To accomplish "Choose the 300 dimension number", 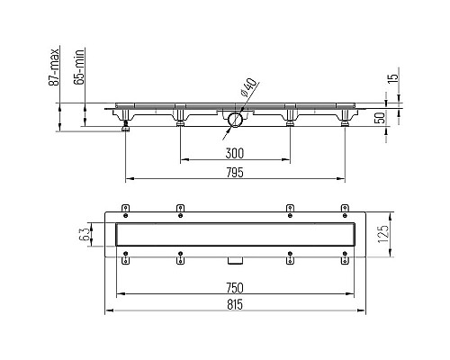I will (235, 152).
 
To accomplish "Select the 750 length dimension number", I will (236, 287).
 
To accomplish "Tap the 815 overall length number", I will (236, 305).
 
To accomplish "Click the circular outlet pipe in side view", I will (236, 119).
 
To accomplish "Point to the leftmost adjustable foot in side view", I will (125, 129).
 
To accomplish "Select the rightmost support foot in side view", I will (345, 123).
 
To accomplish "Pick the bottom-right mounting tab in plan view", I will (345, 261).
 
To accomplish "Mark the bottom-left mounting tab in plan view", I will (125, 261).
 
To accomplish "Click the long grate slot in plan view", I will (236, 235).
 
